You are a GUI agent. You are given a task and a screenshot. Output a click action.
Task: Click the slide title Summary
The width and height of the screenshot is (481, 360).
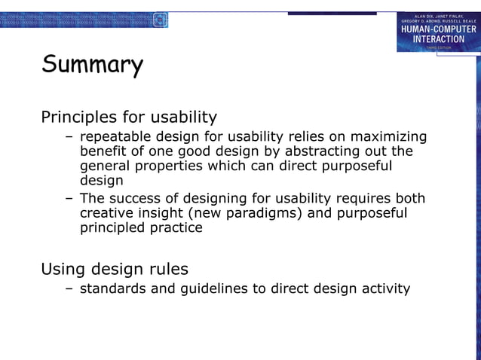click(92, 66)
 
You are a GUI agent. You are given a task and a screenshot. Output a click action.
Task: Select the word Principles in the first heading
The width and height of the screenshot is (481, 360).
click(78, 117)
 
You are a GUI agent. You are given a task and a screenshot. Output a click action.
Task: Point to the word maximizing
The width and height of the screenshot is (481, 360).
click(388, 137)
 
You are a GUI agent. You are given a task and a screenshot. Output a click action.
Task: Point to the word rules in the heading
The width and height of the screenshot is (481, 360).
click(167, 269)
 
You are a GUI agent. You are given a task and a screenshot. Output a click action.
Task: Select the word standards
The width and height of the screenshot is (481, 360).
click(113, 288)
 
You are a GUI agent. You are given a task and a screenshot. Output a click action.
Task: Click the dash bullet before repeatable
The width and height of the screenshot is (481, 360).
click(69, 137)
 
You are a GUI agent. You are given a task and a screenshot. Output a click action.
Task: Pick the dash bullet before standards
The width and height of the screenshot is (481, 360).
click(69, 288)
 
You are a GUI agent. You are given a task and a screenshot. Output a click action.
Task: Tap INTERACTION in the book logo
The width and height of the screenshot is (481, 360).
click(438, 38)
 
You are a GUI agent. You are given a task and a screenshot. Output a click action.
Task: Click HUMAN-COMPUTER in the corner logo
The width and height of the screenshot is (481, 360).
click(438, 29)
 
